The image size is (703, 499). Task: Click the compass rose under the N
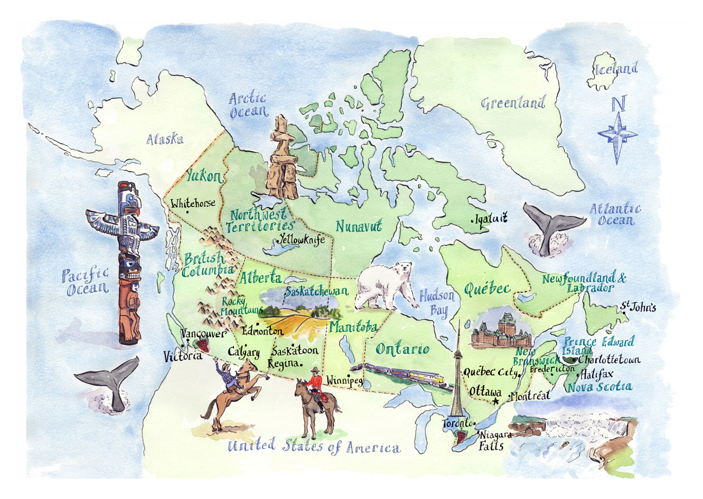click(617, 135)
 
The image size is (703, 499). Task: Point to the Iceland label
click(616, 70)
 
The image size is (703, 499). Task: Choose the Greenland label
click(513, 103)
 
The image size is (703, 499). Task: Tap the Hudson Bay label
click(437, 303)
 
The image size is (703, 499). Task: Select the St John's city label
click(638, 308)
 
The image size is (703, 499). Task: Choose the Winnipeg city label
click(345, 380)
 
